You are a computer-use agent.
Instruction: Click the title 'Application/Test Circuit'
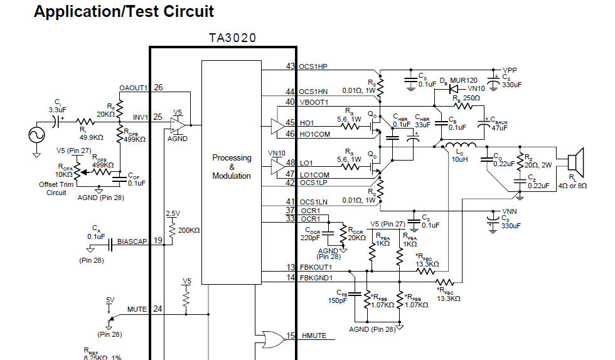coord(124,11)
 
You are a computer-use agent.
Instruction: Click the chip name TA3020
coord(232,38)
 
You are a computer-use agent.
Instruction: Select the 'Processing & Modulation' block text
coord(232,167)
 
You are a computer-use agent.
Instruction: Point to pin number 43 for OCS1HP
coord(290,66)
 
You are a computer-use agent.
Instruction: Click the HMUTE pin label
coord(314,336)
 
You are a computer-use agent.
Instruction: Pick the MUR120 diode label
coord(464,80)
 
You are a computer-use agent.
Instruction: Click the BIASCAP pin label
coord(133,241)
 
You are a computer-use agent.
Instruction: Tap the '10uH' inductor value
coord(459,159)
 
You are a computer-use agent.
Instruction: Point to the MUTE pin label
coord(137,309)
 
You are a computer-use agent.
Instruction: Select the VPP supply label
coord(510,70)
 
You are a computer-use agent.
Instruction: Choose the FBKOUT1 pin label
coord(316,267)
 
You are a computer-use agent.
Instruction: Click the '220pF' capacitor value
coord(309,238)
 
